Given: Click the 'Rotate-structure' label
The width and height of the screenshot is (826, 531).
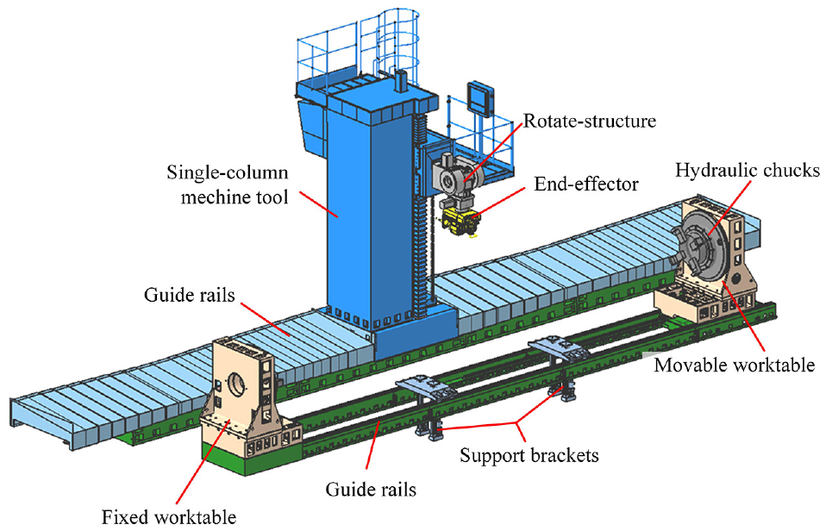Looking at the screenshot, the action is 590,122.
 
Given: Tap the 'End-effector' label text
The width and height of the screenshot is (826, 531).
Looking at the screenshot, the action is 585,184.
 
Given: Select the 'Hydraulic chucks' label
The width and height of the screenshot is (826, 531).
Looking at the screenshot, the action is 748,170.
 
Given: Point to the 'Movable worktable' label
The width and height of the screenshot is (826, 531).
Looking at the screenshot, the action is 735,365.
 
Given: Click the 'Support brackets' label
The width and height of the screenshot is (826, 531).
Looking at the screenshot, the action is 529,455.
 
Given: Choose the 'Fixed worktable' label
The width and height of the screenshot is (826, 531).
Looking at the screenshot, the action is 169,517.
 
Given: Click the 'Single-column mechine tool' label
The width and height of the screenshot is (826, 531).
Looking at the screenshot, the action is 228,184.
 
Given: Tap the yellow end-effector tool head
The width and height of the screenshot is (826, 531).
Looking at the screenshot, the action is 460,222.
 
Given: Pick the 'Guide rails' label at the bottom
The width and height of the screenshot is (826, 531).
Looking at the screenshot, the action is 371,490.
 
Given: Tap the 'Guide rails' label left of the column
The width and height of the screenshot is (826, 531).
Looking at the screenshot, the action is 190,295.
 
